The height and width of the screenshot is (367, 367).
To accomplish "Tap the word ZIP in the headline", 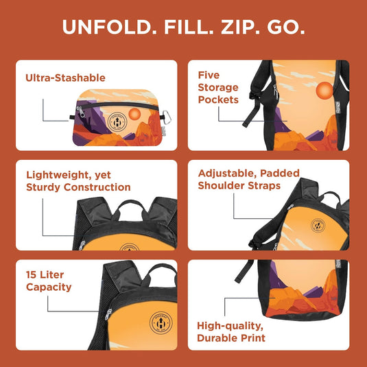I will (239, 27).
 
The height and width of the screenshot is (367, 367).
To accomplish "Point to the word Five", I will (209, 75).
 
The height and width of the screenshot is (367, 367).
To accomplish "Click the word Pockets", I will (218, 99).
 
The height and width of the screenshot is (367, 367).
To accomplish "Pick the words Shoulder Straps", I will (239, 185).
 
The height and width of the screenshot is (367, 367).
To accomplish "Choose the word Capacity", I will (49, 287).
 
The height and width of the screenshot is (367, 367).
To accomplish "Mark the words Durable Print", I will (230, 338).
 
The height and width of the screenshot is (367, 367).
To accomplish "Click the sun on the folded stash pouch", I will (134, 113).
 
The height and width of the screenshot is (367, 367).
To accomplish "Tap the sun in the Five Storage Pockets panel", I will (324, 91).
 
